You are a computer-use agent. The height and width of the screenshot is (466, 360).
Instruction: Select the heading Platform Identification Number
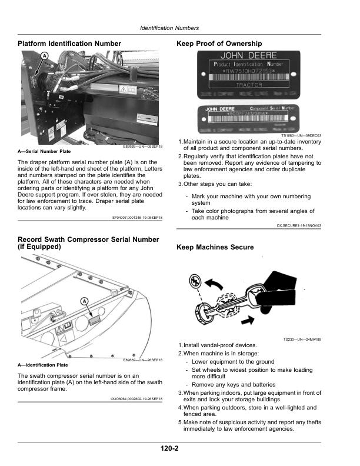[69, 44]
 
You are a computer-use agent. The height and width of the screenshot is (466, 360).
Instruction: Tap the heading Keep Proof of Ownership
[219, 44]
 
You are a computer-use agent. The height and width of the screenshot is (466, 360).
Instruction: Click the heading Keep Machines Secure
[215, 247]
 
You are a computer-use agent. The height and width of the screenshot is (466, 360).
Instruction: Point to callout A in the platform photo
[44, 56]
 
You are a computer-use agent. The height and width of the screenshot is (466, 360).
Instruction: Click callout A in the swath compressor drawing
[84, 301]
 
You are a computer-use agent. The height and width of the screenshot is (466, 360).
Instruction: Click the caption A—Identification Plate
[44, 365]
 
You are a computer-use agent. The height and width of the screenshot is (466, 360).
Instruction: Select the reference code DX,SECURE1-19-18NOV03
[299, 225]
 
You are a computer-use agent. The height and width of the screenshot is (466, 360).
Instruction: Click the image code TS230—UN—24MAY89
[302, 338]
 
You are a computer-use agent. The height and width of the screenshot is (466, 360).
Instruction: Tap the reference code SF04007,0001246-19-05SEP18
[137, 217]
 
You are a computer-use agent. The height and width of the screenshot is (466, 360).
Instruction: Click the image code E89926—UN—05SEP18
[143, 147]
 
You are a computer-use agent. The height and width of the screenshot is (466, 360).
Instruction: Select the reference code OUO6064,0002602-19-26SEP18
[136, 398]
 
